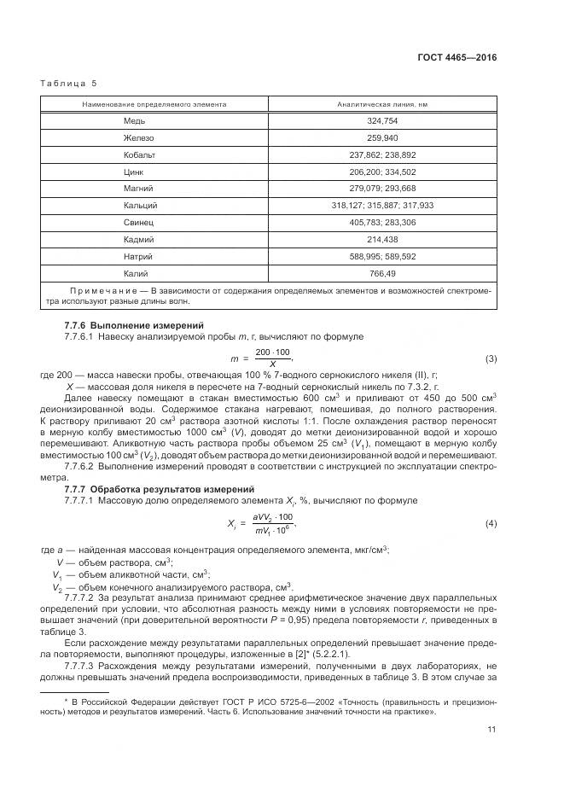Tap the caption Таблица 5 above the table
pos(69,84)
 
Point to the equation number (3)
pos(491,358)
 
